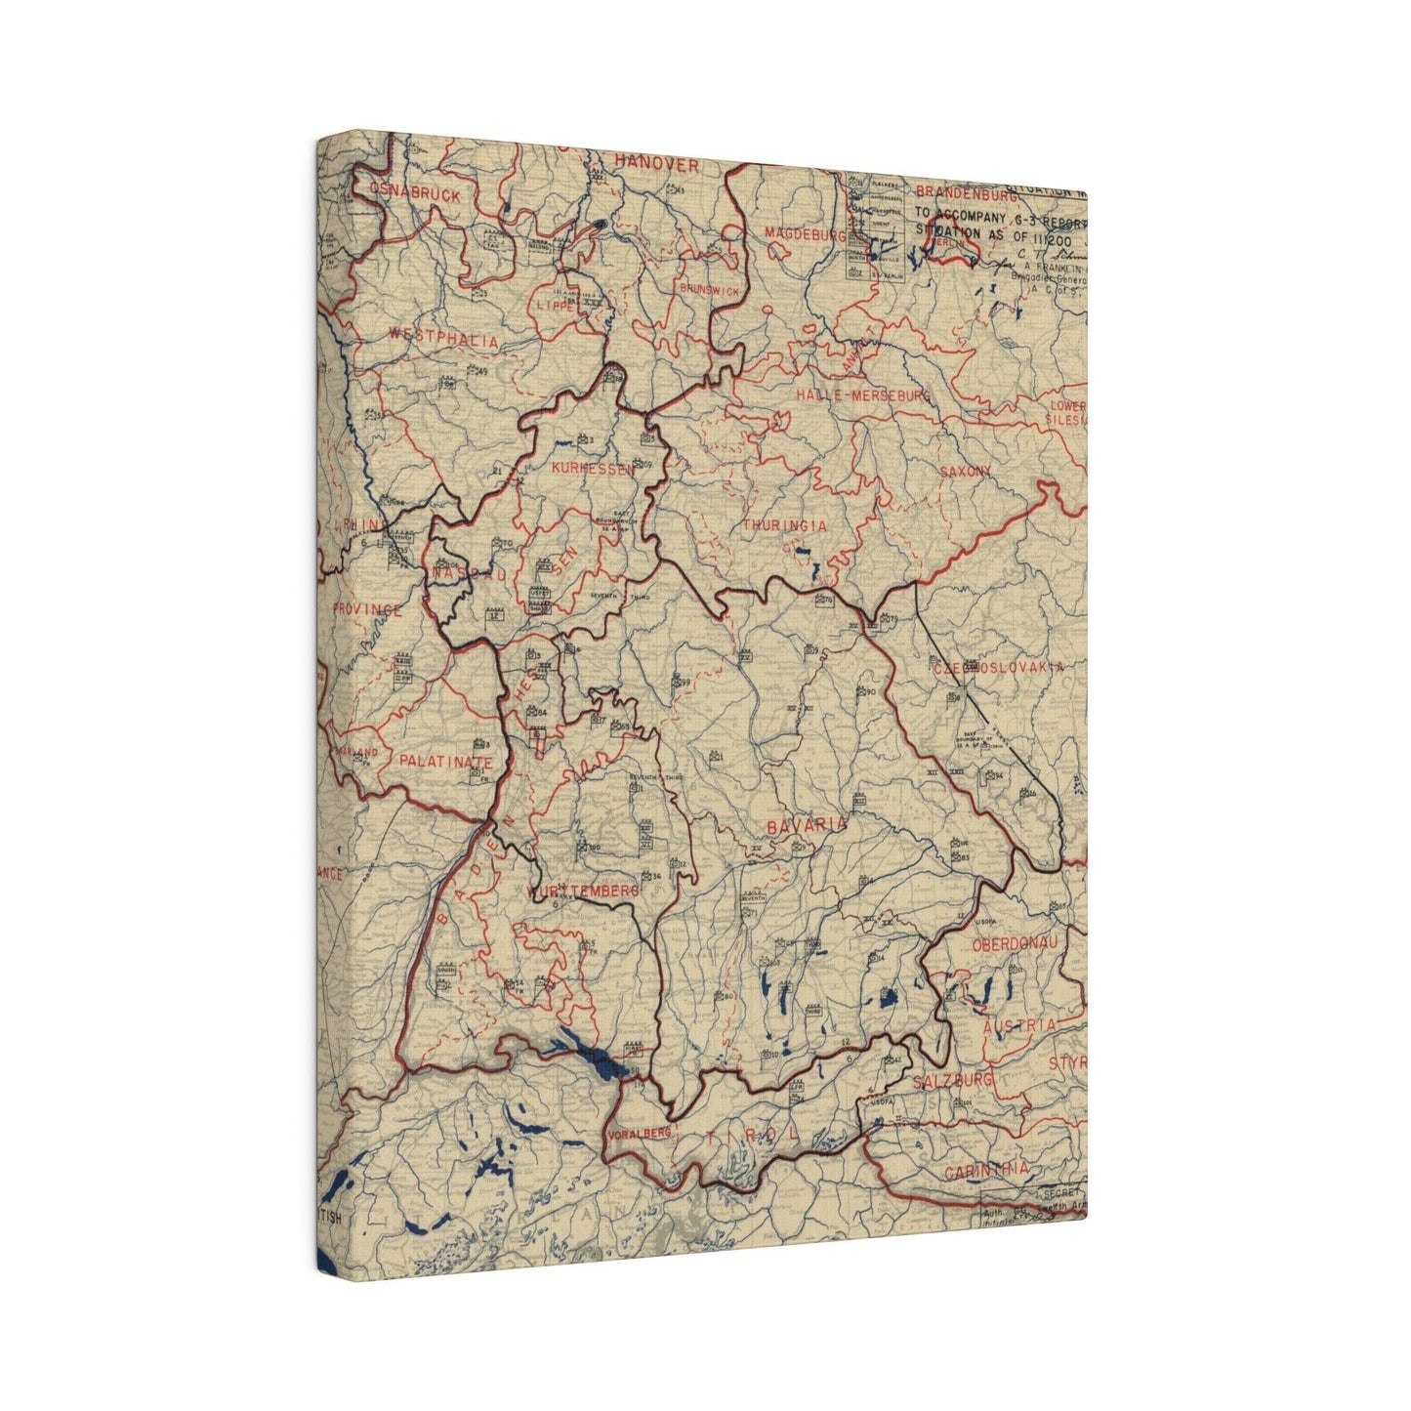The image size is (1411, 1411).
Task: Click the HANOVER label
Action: pyautogui.click(x=657, y=165)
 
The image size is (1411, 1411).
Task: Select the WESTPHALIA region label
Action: pyautogui.click(x=443, y=341)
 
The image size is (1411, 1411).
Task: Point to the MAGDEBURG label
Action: pyautogui.click(x=805, y=234)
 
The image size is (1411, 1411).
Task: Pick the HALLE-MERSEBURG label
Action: pyautogui.click(x=863, y=394)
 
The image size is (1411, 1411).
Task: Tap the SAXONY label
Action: pyautogui.click(x=965, y=471)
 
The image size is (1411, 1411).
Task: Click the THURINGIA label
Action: pyautogui.click(x=784, y=525)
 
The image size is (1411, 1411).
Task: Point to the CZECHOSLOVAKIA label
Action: pyautogui.click(x=998, y=669)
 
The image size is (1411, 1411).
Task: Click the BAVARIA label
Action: pyautogui.click(x=807, y=825)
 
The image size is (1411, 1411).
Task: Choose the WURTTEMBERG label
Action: pyautogui.click(x=583, y=892)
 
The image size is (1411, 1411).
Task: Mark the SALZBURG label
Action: pyautogui.click(x=953, y=1081)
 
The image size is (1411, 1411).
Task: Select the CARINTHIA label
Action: pyautogui.click(x=984, y=1169)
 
